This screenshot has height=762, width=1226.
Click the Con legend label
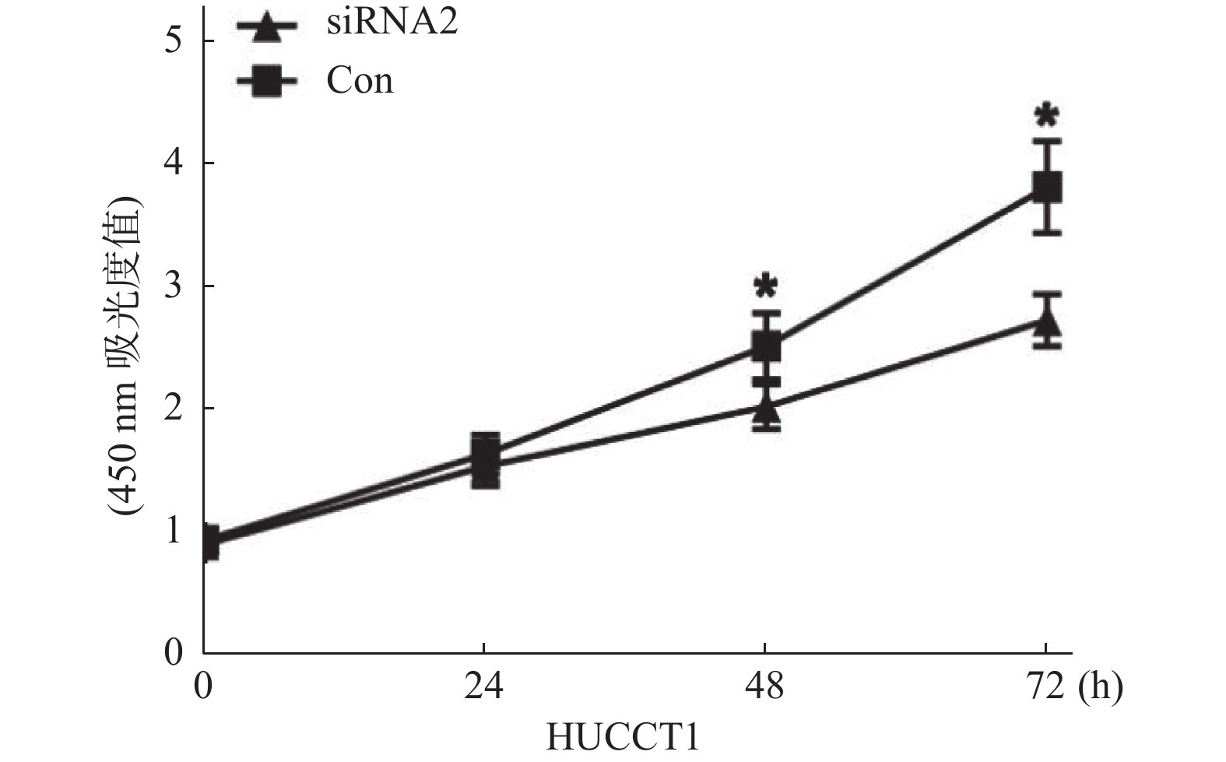(x=360, y=80)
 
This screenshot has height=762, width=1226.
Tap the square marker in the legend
(x=267, y=80)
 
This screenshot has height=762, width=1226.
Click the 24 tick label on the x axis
(x=484, y=687)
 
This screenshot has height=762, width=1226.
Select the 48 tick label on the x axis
(x=765, y=687)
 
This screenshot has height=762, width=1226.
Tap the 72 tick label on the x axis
(x=1045, y=687)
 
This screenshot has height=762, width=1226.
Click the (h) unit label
(x=1101, y=687)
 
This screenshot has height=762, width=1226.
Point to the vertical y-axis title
(x=125, y=354)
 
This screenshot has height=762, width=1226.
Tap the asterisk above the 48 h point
(x=766, y=286)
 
